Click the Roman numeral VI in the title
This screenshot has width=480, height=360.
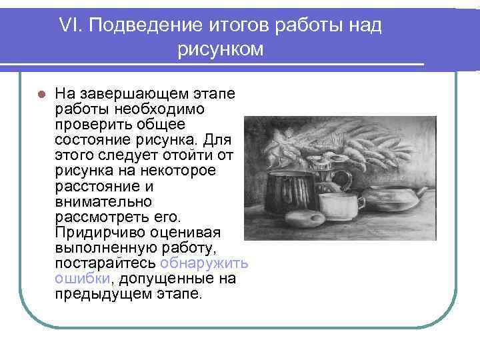pyautogui.click(x=69, y=26)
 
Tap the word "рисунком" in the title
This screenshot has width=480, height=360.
pyautogui.click(x=221, y=49)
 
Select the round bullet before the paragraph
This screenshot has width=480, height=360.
pyautogui.click(x=41, y=93)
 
